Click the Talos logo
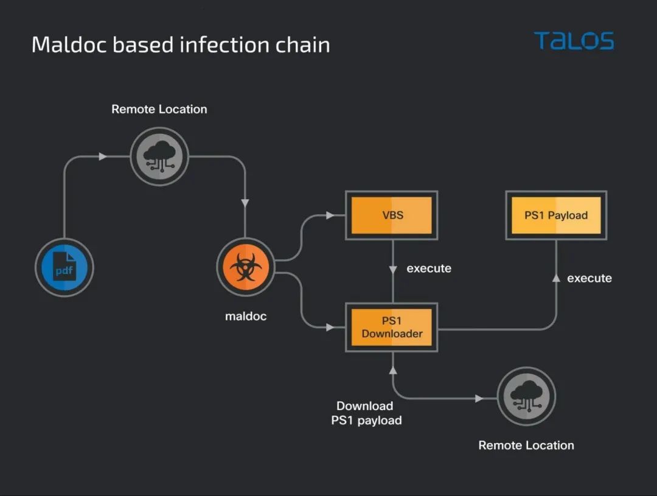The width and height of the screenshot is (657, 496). (x=574, y=41)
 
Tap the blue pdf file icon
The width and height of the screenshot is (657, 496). (x=64, y=268)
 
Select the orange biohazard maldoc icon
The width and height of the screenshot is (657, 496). (x=245, y=268)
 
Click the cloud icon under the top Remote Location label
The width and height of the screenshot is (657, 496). (x=159, y=157)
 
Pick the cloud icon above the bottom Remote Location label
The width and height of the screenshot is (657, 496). (x=526, y=396)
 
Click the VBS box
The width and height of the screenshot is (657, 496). (x=392, y=215)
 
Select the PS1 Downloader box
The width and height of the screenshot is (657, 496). (x=392, y=327)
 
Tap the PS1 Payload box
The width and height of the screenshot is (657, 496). (x=556, y=215)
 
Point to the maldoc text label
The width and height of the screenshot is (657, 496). (x=246, y=316)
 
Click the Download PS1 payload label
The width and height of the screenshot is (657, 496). (x=366, y=413)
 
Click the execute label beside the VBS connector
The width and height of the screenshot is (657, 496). (x=429, y=268)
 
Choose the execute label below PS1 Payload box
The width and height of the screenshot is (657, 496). (x=589, y=278)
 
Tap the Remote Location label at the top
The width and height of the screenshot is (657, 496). (x=159, y=109)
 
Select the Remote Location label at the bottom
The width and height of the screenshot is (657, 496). (x=526, y=445)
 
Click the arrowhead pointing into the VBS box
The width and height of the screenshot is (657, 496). (x=330, y=215)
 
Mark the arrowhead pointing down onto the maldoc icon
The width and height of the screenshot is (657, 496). (x=245, y=203)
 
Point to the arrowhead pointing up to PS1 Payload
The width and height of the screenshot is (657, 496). (x=556, y=278)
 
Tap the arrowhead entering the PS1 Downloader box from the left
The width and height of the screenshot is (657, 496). (x=330, y=327)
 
